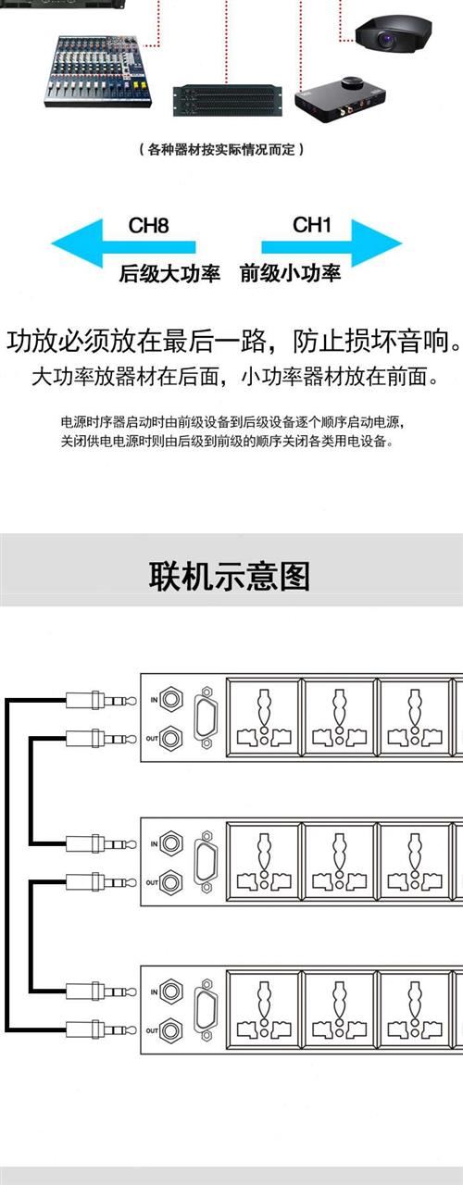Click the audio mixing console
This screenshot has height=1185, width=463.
98,71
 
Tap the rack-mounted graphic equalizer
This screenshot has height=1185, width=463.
227,100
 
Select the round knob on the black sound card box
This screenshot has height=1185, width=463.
351,83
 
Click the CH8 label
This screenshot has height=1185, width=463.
148,225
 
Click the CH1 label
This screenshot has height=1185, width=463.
312,225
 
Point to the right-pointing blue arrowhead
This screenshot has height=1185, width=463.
377,243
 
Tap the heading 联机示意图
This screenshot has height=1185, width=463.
229,576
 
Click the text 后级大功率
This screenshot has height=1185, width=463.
169,273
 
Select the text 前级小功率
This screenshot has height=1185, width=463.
290,273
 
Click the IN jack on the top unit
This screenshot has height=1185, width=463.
171,699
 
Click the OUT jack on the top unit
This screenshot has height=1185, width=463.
171,738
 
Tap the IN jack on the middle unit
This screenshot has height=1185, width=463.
171,843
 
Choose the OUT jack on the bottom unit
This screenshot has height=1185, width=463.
171,1029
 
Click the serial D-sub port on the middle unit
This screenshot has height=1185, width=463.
206,862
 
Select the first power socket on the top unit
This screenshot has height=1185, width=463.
263,717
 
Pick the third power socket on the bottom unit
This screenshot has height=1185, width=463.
415,1009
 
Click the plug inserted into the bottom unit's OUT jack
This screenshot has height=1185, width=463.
101,1029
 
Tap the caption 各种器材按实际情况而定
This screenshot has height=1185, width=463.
221,149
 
